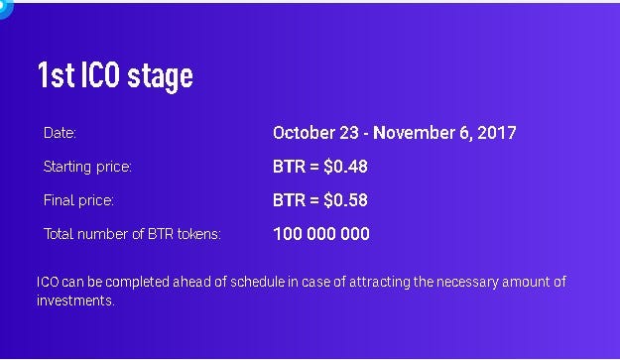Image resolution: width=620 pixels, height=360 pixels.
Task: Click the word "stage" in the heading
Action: click(160, 76)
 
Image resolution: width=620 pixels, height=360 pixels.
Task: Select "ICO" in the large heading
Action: click(100, 74)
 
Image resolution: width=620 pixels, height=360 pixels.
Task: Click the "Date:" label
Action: click(60, 133)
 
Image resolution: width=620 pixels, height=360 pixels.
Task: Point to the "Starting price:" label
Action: click(87, 167)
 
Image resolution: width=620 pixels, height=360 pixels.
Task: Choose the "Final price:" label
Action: click(78, 200)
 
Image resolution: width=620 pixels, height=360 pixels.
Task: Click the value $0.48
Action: click(345, 167)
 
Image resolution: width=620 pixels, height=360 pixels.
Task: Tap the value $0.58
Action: click(345, 200)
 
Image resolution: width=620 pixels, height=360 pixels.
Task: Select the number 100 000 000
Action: click(321, 234)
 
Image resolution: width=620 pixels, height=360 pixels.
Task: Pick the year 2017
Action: click(497, 133)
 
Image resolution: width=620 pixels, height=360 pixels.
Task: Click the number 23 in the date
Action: click(349, 133)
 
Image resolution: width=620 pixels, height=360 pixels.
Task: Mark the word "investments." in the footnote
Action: click(75, 300)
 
